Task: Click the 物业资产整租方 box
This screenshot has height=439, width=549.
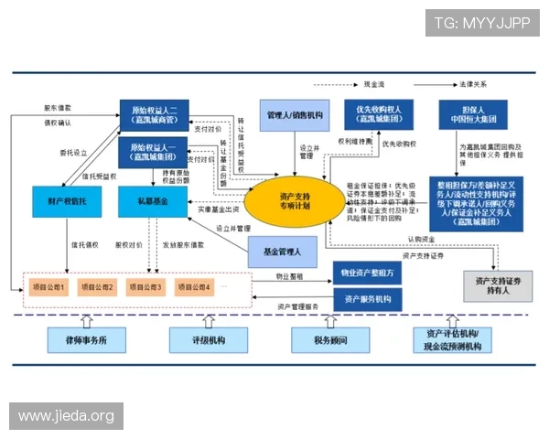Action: pos(369,273)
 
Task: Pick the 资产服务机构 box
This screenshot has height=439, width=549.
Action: pos(369,298)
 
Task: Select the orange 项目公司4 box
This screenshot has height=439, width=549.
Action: pos(192,287)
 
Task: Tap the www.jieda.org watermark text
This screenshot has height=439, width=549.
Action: pos(66,416)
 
